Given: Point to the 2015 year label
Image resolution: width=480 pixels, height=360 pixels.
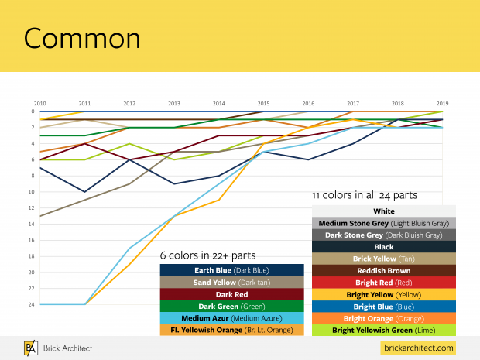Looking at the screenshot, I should (x=263, y=103).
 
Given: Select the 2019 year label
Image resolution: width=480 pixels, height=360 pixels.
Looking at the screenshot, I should (x=441, y=103).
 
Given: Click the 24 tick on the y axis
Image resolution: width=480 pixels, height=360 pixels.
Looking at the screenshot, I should (x=31, y=304).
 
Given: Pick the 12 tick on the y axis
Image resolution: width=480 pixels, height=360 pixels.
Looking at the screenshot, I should (x=31, y=207).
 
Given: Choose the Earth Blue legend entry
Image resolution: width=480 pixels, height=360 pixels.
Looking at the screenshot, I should (x=231, y=270).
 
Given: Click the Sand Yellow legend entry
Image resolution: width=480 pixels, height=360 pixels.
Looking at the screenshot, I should (x=231, y=282).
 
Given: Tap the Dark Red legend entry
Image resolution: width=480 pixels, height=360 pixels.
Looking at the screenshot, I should (x=231, y=294).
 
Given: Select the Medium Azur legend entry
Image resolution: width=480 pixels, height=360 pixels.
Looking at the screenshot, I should (x=231, y=318).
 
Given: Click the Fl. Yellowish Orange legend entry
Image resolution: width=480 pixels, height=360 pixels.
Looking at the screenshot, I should (x=231, y=330).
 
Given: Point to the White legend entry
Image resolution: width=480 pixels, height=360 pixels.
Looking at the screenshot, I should (x=383, y=211).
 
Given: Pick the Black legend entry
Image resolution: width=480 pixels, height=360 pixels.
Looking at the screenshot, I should (x=383, y=247).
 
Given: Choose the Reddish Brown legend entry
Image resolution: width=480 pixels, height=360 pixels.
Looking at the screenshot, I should (x=383, y=270).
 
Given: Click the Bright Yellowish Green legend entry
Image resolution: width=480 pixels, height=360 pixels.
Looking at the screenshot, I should (x=383, y=330).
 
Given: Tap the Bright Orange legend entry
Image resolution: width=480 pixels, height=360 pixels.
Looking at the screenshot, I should (x=383, y=318).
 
